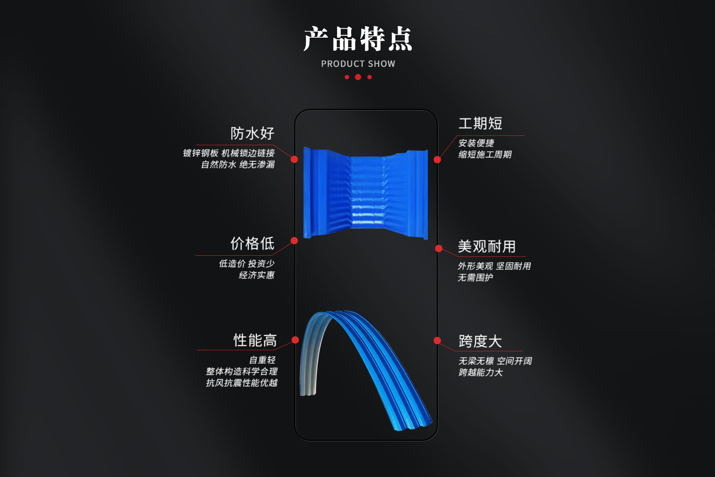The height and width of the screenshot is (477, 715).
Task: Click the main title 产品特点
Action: click(358, 39)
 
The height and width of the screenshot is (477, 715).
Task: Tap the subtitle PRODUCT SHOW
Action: click(358, 64)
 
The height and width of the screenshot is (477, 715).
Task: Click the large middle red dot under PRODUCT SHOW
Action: click(358, 77)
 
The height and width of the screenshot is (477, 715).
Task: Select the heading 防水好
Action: click(252, 133)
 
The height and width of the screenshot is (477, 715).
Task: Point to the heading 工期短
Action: click(480, 124)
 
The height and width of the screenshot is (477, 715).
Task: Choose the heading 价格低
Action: click(252, 244)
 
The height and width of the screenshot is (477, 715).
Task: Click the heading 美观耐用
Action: click(487, 247)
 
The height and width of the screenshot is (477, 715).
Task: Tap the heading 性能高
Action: click(255, 341)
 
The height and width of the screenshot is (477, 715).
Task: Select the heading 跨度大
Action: click(480, 341)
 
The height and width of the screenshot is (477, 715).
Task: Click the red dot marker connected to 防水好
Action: click(294, 159)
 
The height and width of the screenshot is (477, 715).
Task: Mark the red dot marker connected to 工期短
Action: click(438, 159)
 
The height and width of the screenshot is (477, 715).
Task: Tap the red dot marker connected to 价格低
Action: click(294, 241)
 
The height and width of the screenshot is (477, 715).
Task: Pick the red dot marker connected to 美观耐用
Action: click(439, 249)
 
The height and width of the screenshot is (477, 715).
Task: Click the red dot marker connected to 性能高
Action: click(295, 340)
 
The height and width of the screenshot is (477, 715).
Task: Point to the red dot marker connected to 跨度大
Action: click(438, 341)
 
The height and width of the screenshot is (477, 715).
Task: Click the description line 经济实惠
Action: click(257, 275)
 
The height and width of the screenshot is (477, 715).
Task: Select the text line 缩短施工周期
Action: click(485, 155)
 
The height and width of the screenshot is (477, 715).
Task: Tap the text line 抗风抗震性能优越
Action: click(242, 383)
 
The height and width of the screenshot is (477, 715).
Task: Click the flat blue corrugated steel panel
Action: click(366, 193)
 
